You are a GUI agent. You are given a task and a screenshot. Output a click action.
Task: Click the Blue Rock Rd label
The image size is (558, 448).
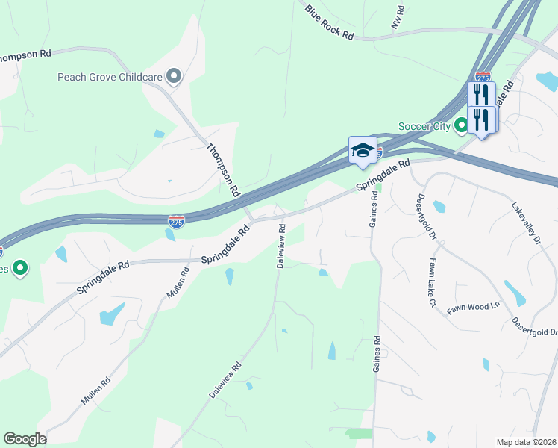pyautogui.click(x=329, y=22)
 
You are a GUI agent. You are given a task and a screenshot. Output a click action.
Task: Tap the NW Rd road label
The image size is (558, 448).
pyautogui.click(x=400, y=18)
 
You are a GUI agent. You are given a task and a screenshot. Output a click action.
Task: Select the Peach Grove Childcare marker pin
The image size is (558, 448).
pyautogui.click(x=174, y=75)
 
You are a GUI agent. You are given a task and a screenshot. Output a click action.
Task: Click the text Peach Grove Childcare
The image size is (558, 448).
pyautogui.click(x=110, y=76)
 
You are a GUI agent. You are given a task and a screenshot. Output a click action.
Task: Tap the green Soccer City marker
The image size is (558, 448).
pyautogui.click(x=462, y=126)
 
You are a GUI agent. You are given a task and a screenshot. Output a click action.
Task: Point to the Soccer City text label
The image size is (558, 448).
pyautogui.click(x=424, y=126)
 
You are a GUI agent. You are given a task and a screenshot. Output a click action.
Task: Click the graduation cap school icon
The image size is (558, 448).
pyautogui.click(x=363, y=149)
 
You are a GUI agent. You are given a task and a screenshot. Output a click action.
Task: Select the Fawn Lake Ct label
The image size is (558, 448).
pyautogui.click(x=431, y=283)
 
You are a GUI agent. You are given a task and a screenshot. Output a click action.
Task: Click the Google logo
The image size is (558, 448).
pyautogui.click(x=25, y=439)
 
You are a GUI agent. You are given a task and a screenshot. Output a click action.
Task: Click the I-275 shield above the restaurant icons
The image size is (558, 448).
pyautogui.click(x=483, y=77)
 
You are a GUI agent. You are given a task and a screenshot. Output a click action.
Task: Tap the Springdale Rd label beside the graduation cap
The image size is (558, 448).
pyautogui.click(x=383, y=175)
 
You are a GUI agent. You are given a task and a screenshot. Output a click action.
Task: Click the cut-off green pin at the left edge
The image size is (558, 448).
pyautogui.click(x=20, y=267)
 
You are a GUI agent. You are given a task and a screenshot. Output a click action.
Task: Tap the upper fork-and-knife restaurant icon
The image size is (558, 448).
pyautogui.click(x=481, y=94)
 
